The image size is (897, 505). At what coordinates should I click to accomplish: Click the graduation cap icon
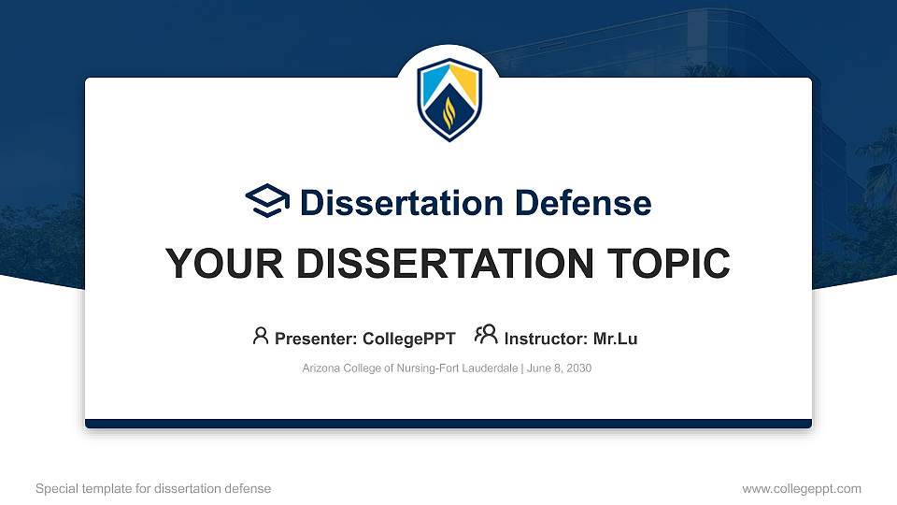[x=267, y=201]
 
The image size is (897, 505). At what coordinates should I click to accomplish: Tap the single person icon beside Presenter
[x=261, y=335]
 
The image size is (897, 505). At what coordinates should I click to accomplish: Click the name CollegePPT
[x=410, y=339]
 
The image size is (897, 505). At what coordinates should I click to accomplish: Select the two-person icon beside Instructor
[x=486, y=335]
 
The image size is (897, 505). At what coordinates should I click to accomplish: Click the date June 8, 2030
[x=560, y=368]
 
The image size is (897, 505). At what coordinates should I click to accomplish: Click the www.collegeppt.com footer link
[x=801, y=488]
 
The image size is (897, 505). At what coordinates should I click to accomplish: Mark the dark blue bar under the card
[x=448, y=424]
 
